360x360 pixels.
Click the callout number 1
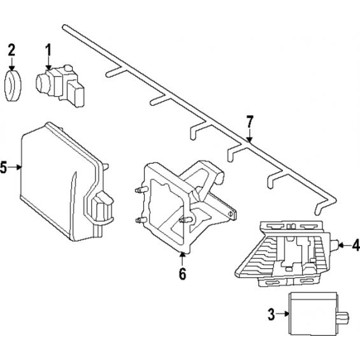(x=48, y=50)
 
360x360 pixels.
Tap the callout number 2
(x=11, y=50)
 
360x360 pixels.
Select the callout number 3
(x=271, y=314)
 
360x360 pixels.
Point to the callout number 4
(x=356, y=245)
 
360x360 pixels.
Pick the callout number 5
(x=3, y=168)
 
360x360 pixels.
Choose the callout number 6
(x=182, y=273)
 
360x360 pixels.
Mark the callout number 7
(x=250, y=122)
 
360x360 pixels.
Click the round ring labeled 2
(x=13, y=85)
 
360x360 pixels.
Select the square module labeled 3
(x=313, y=315)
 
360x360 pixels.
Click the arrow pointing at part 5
(x=15, y=168)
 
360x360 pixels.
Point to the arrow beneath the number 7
(x=250, y=136)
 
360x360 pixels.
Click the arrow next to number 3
(x=282, y=313)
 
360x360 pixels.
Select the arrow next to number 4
(x=345, y=245)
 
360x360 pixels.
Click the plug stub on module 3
(x=343, y=318)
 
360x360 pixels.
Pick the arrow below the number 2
(x=11, y=64)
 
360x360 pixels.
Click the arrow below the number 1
(x=48, y=63)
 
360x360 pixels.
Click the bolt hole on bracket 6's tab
(x=230, y=213)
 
